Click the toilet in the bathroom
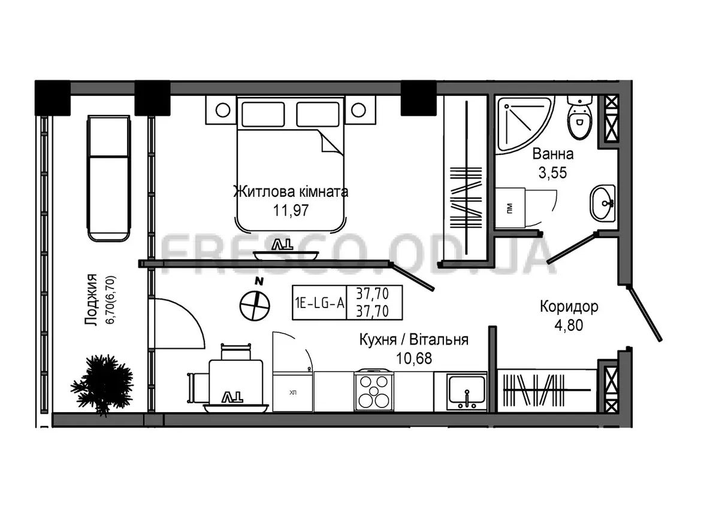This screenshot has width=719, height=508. [579, 118]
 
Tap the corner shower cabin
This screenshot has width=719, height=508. [523, 123]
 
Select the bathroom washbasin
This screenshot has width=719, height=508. [603, 203]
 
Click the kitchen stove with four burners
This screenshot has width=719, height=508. [374, 391]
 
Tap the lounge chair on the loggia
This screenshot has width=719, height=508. [109, 178]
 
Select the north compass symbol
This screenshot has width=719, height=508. [255, 302]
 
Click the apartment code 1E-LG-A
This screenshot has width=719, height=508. [320, 303]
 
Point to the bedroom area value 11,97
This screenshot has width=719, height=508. [291, 211]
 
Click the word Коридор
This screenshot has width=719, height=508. [569, 307]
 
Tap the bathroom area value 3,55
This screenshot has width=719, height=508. [552, 173]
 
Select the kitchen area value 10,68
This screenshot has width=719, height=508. [414, 358]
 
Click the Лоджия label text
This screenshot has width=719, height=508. [91, 300]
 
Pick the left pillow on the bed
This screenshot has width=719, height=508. [263, 114]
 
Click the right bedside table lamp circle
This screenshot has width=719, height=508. [358, 110]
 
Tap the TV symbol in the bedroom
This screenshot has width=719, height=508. [282, 245]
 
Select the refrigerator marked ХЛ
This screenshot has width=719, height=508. [292, 392]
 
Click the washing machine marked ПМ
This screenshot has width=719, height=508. [510, 208]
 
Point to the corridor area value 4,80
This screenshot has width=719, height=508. [569, 326]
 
